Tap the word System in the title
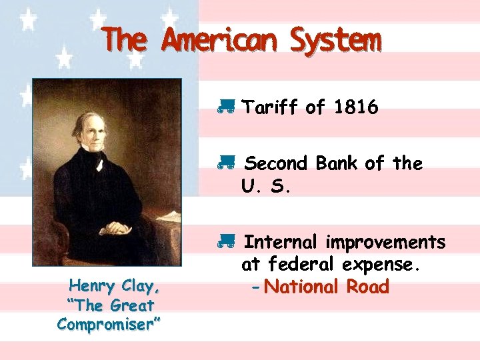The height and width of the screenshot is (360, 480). [335, 41]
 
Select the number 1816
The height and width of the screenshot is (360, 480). [356, 107]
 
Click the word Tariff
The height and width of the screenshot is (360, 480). [270, 107]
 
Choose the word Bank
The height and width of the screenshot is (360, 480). [337, 163]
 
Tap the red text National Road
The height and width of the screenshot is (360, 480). [326, 287]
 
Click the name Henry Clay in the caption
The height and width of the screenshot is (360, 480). [115, 287]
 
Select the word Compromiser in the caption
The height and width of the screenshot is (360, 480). [109, 325]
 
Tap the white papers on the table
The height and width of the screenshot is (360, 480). [168, 217]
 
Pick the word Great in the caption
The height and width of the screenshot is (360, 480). [131, 306]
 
